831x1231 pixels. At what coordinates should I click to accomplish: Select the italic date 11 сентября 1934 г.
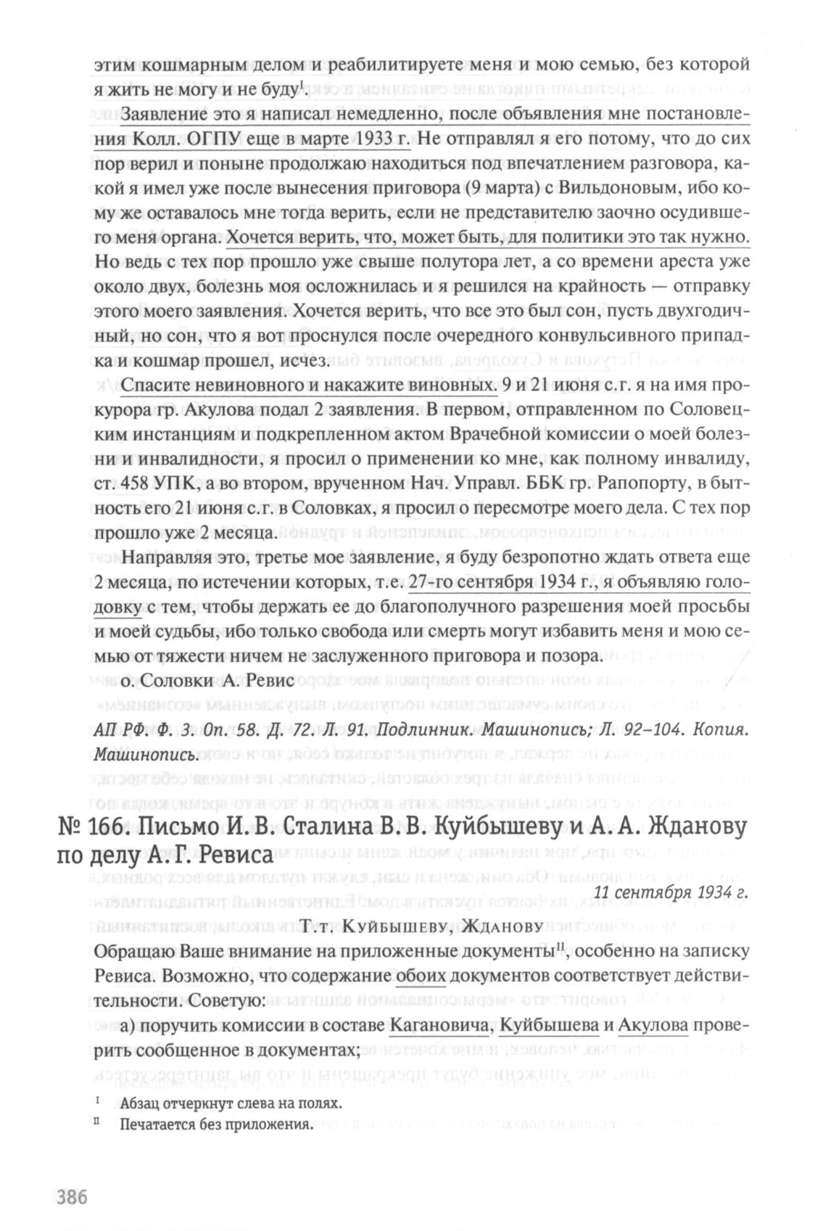[669, 892]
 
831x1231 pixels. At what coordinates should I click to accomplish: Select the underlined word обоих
[421, 975]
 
